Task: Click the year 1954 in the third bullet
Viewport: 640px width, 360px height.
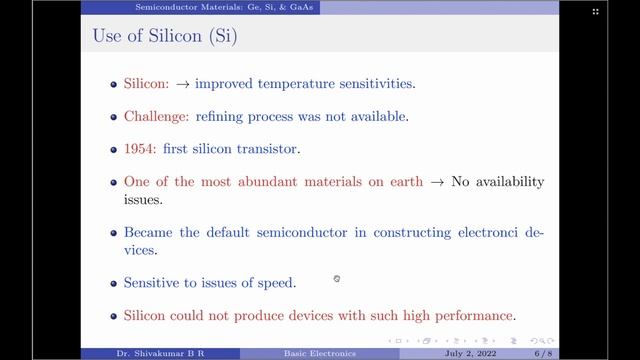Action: coord(141,149)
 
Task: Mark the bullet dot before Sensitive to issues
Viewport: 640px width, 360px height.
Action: coord(115,283)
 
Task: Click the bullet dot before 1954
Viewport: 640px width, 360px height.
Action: coord(115,149)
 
